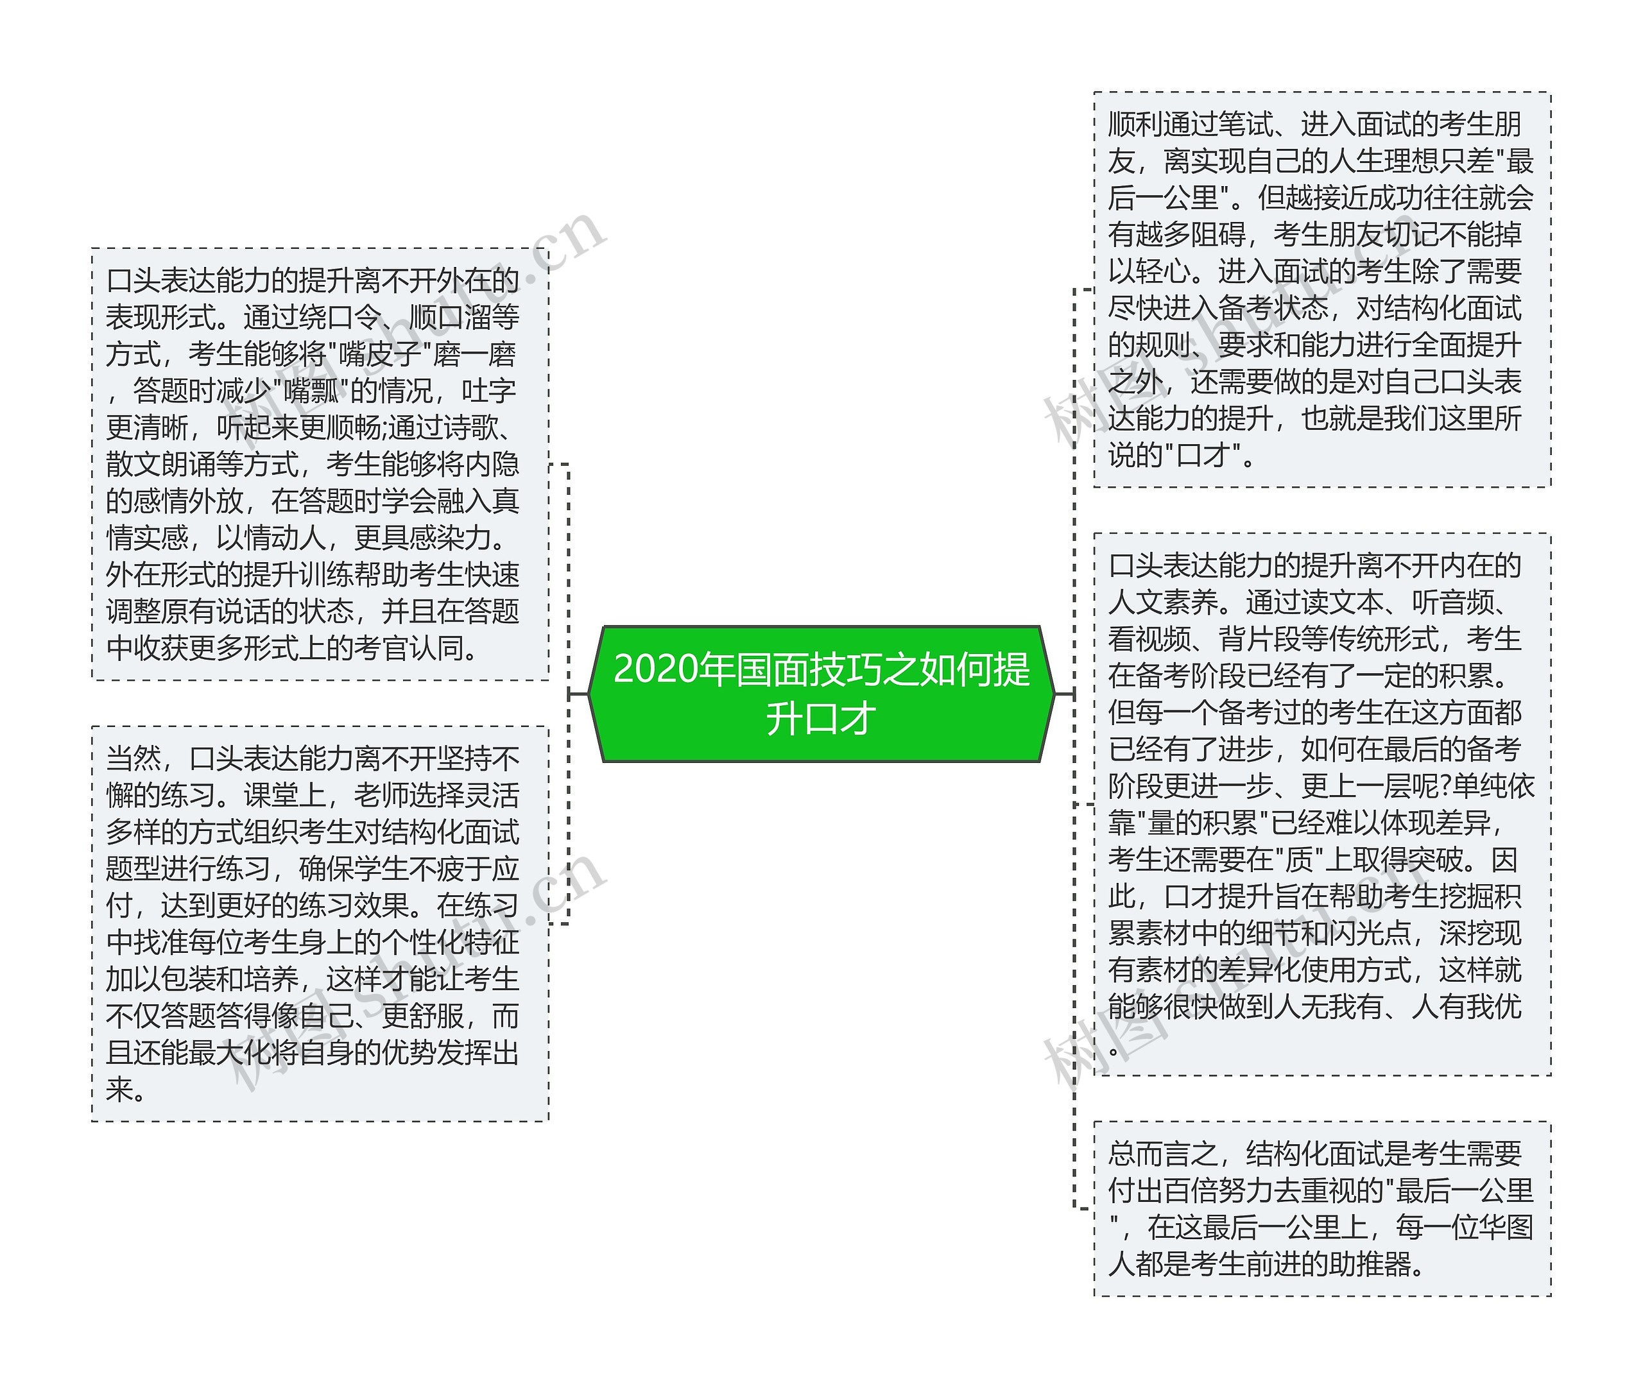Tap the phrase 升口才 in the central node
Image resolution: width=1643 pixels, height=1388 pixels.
pos(821,719)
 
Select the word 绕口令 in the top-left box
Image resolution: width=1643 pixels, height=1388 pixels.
pos(340,317)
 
